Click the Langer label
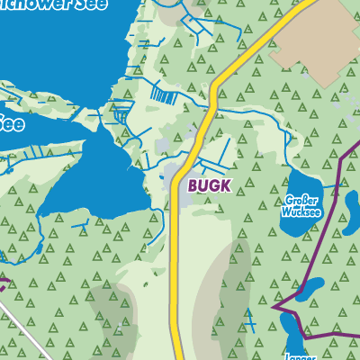click(301, 355)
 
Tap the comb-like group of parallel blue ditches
click(162, 93)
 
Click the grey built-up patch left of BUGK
click(175, 171)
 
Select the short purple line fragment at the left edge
click(4, 286)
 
